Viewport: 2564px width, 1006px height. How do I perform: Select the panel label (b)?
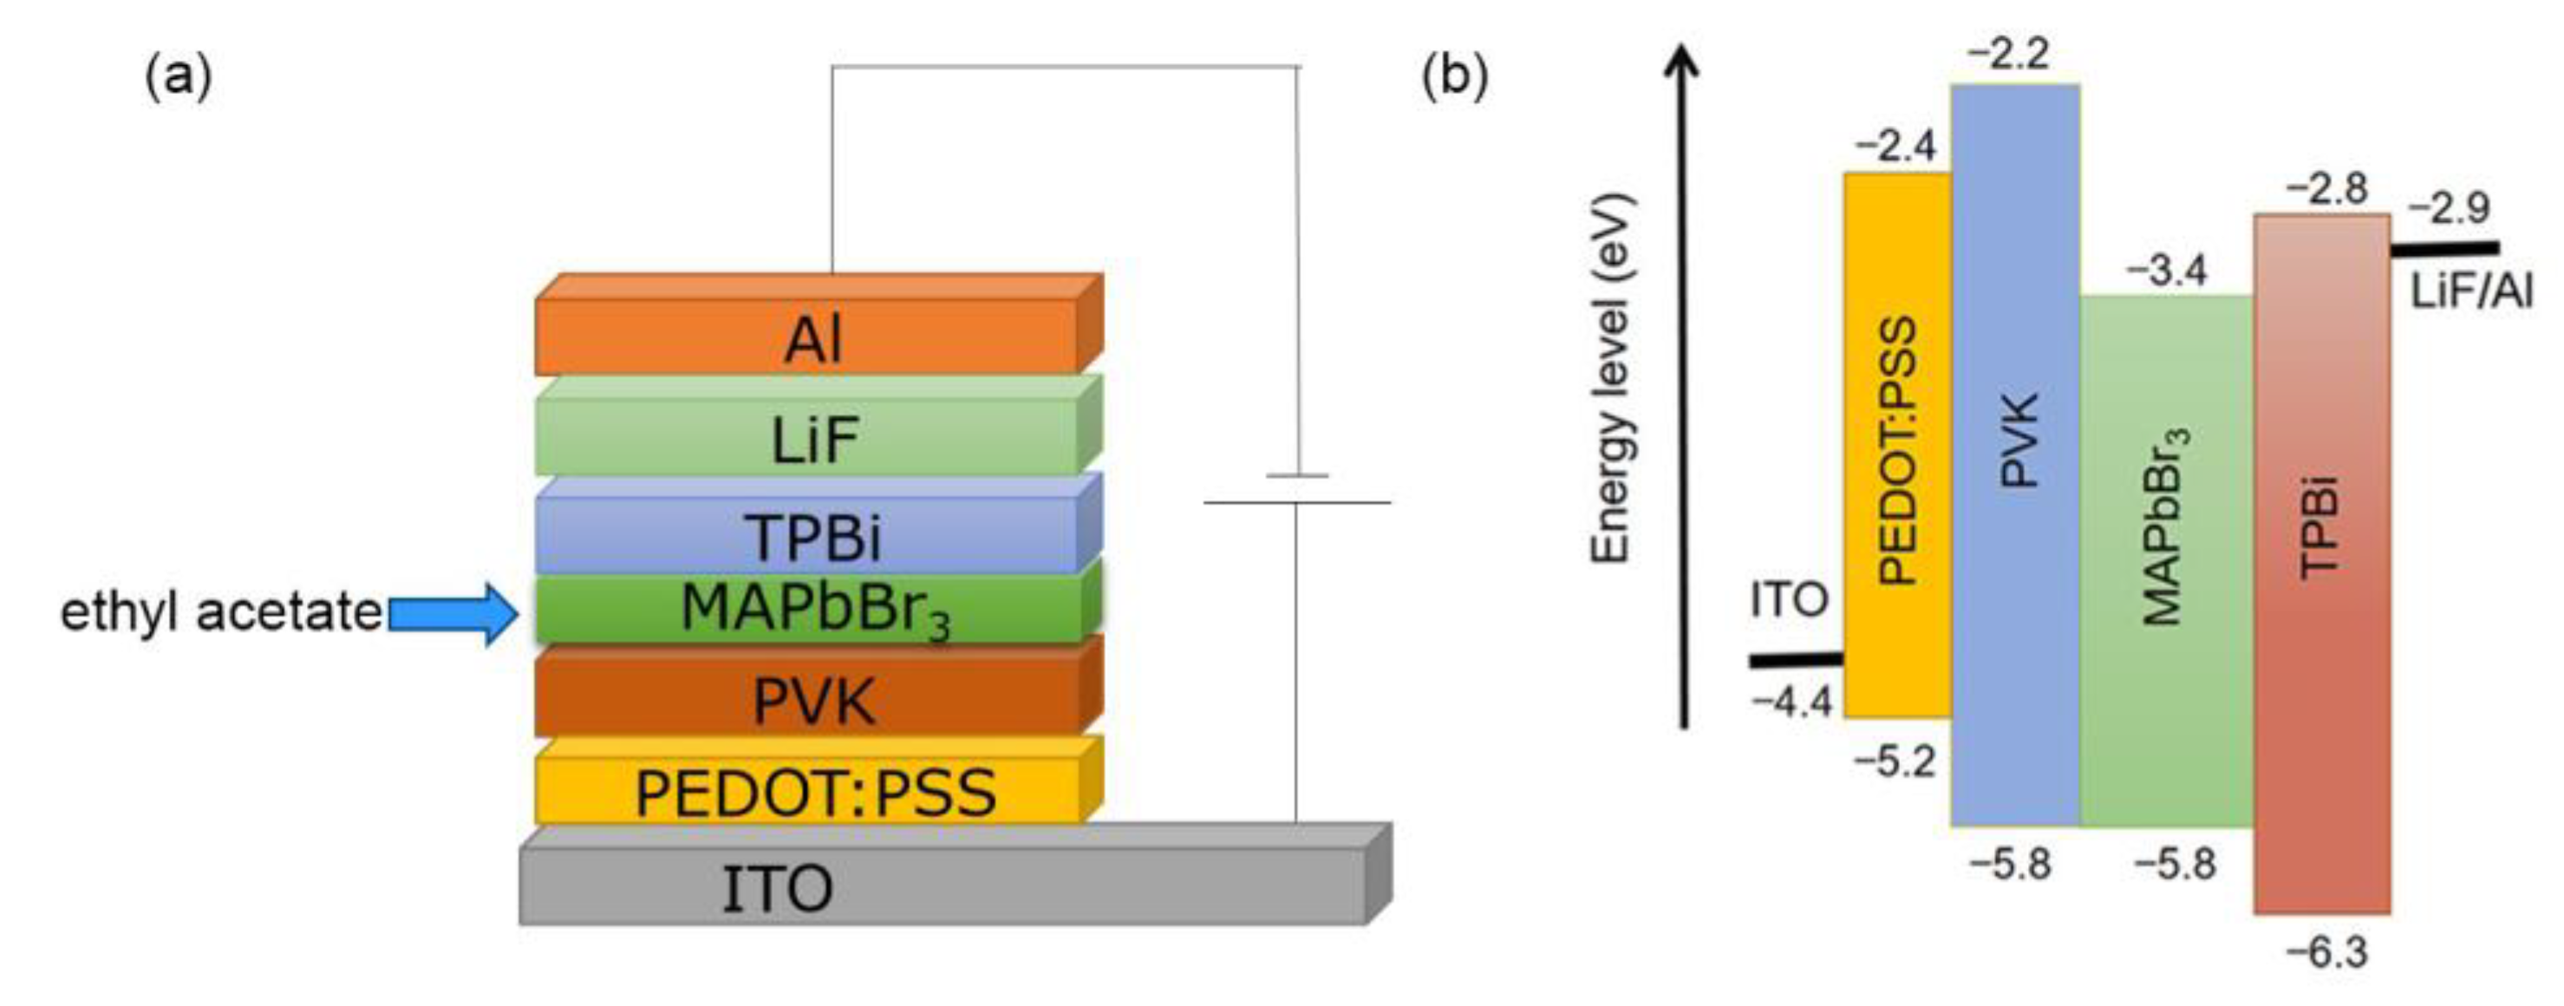[x=1454, y=75]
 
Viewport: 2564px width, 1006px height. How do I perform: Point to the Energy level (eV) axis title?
[x=1611, y=378]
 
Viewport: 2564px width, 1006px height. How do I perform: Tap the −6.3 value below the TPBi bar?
[x=2326, y=952]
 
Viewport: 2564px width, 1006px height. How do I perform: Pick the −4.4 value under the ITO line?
[x=1791, y=702]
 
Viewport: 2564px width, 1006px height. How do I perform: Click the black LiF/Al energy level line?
[x=2443, y=249]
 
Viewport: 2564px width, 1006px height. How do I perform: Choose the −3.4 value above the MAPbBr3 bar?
[x=2166, y=270]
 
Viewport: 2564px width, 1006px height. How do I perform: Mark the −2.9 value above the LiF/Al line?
[x=2449, y=208]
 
